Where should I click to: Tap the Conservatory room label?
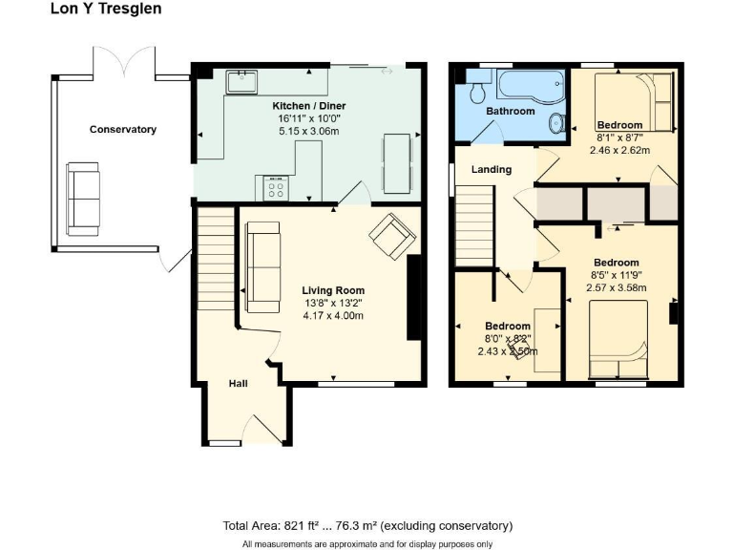122,129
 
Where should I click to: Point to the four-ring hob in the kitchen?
276,187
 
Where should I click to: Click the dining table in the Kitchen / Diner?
397,162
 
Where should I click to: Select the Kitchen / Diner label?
309,105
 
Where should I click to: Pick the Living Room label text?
333,290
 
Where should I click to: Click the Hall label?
238,383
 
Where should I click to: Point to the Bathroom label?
511,111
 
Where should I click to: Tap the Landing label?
492,169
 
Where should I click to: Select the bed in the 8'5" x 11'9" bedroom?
618,339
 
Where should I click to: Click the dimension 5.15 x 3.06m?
309,130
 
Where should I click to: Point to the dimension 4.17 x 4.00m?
333,315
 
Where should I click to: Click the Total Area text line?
367,525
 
